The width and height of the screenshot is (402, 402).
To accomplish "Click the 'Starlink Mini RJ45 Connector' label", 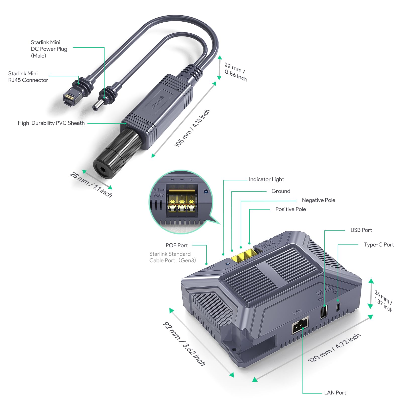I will click(x=28, y=77).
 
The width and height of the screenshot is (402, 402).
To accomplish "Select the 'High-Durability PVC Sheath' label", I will click(x=51, y=123).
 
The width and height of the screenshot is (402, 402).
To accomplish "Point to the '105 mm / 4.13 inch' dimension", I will click(x=192, y=128).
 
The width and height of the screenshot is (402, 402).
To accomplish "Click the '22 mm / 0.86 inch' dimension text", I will click(x=236, y=72).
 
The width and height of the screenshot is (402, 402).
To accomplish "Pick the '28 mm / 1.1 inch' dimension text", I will click(x=91, y=185).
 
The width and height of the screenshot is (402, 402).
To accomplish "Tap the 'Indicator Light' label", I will click(x=266, y=179).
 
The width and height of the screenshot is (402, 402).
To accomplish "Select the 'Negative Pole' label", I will click(x=318, y=200).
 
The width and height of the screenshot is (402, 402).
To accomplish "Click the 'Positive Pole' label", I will click(x=290, y=209).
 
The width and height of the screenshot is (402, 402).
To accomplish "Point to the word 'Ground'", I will click(x=281, y=191).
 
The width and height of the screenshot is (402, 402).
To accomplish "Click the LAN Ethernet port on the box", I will click(x=300, y=325).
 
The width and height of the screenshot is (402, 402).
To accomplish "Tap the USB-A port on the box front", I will click(x=324, y=312).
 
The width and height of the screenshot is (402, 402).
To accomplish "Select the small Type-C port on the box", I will click(x=338, y=307).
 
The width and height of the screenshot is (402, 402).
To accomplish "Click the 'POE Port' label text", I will click(x=176, y=245).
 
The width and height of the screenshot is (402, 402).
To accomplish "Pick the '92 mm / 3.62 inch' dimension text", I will click(x=184, y=344).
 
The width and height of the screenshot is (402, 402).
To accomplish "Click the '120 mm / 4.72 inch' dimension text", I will click(x=334, y=348).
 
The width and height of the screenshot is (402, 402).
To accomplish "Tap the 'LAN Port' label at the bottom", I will click(x=335, y=393).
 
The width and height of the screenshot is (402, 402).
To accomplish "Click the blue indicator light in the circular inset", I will click(x=206, y=191).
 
